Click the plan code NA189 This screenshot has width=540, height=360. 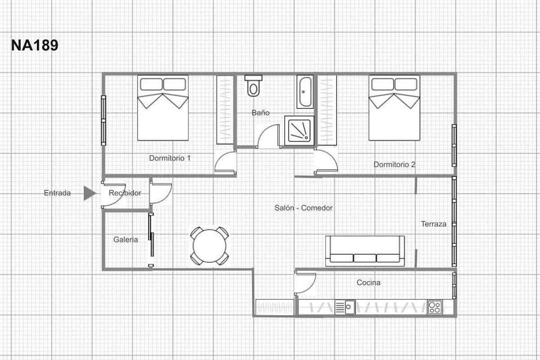(35, 45)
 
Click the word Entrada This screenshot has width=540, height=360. (57, 193)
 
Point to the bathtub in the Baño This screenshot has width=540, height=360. (305, 92)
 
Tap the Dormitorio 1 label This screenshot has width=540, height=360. (170, 158)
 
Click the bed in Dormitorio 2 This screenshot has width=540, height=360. (394, 108)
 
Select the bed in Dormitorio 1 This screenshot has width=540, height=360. (163, 108)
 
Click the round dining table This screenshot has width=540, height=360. (209, 246)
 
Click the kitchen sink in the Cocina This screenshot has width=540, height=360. (345, 307)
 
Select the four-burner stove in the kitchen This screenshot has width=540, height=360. (435, 307)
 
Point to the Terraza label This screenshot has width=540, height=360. (433, 224)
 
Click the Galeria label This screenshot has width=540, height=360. (126, 239)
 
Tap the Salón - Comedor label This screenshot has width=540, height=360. (303, 208)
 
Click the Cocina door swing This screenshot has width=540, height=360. (305, 283)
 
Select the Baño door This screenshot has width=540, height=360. (267, 136)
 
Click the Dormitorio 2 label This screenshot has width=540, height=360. (394, 165)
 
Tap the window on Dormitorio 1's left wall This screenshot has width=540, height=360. (103, 120)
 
